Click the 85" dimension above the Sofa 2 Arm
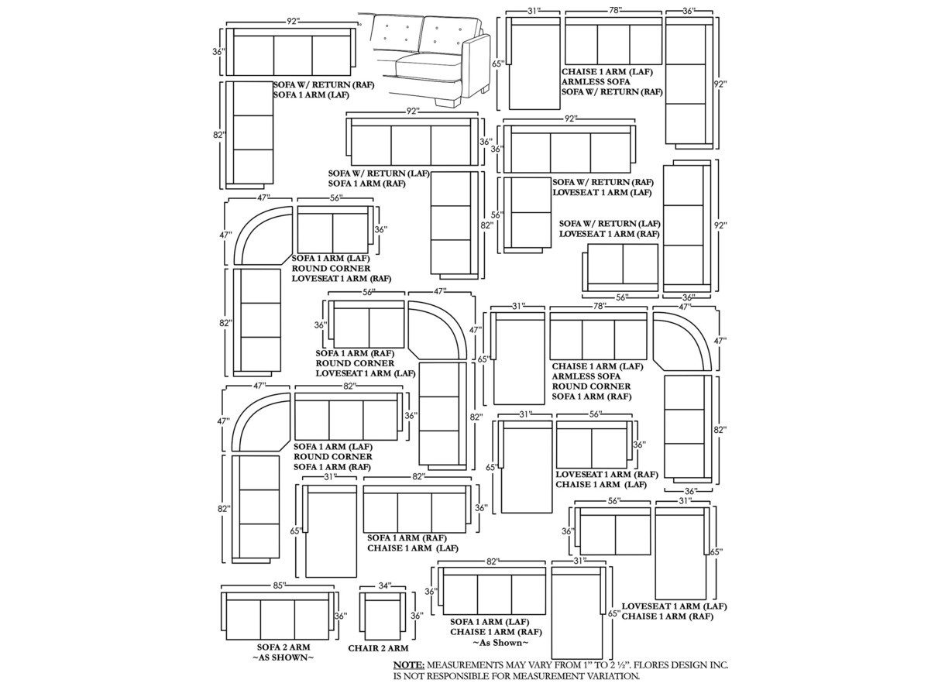[x=280, y=585]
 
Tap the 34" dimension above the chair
[x=385, y=586]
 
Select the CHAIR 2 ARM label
[x=378, y=648]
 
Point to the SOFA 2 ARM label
[x=283, y=647]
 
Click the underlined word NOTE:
[x=409, y=664]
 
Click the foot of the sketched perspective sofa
[x=444, y=101]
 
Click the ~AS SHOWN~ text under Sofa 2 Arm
[x=283, y=658]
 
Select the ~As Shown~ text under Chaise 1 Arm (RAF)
[x=500, y=643]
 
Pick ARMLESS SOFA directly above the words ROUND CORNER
[x=586, y=376]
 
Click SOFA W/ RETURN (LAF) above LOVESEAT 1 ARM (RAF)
[x=610, y=223]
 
